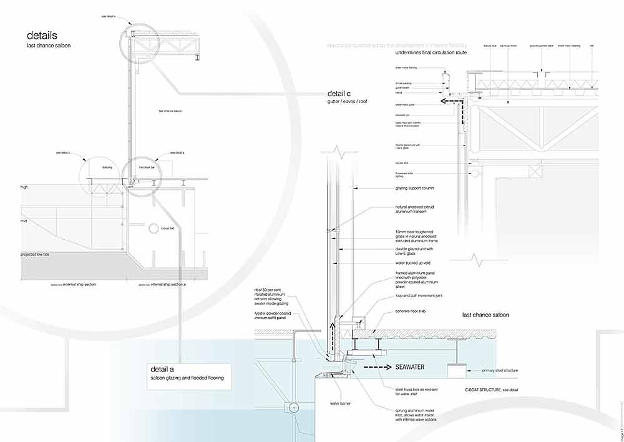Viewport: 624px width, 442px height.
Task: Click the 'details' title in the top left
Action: [42, 36]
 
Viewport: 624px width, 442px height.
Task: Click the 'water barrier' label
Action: [340, 403]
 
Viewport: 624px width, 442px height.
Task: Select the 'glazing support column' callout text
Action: [422, 188]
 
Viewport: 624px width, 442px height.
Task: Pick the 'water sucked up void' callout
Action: [414, 263]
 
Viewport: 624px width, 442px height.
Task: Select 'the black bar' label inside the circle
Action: [147, 168]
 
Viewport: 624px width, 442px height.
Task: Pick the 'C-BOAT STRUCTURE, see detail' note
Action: [491, 390]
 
